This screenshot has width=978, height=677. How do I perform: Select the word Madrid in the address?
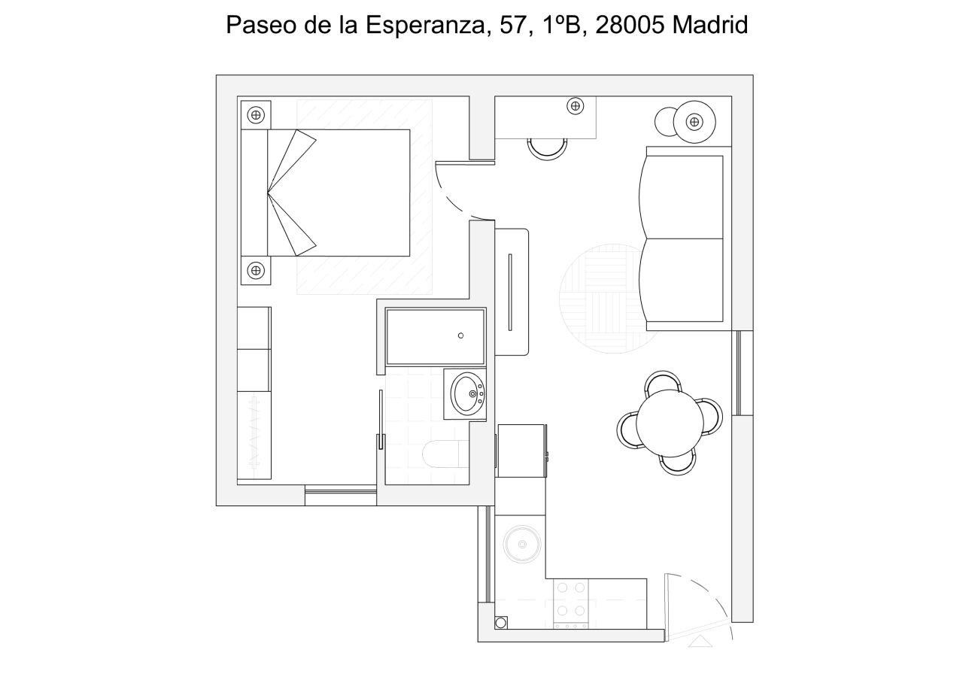[x=710, y=25]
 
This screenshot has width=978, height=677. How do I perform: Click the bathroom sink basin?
[x=467, y=393]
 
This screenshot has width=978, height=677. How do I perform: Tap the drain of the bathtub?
[x=460, y=335]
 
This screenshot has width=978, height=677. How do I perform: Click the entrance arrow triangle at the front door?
[x=700, y=641]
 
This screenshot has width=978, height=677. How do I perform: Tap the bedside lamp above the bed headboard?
[x=256, y=115]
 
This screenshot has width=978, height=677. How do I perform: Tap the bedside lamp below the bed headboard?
[x=256, y=269]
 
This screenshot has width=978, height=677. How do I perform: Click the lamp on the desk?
[x=576, y=106]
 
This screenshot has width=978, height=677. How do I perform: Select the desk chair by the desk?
[x=547, y=148]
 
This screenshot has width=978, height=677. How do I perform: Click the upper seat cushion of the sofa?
[x=682, y=196]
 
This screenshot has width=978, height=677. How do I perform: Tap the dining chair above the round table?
[x=664, y=381]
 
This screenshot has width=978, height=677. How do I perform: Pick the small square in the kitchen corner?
[x=501, y=622]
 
